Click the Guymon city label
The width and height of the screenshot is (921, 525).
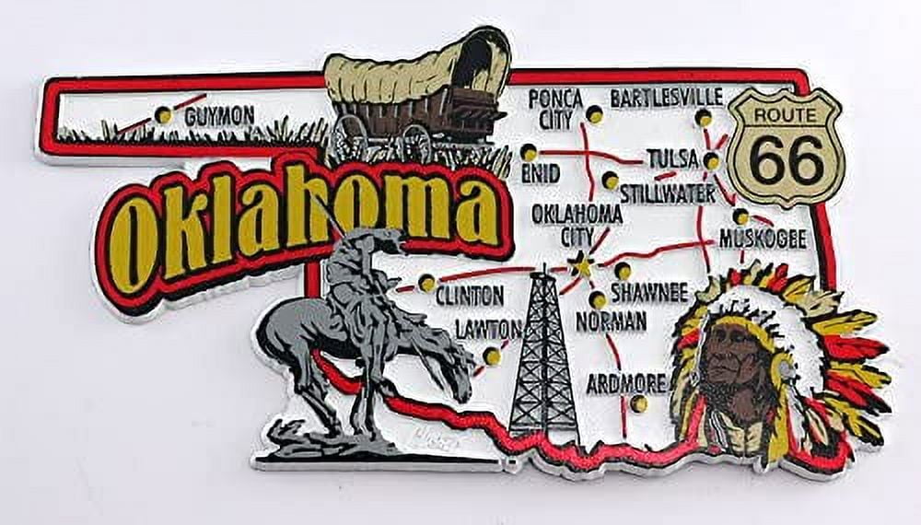[x=218, y=116]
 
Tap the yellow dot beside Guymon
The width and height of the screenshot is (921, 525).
[x=164, y=115]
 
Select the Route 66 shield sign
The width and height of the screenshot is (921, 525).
[x=785, y=146]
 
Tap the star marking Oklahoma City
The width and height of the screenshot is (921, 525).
[x=582, y=265]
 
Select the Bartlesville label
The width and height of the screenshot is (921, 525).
[x=666, y=97]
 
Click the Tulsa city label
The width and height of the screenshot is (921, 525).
[x=671, y=158]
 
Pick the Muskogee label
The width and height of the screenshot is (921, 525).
[x=762, y=239]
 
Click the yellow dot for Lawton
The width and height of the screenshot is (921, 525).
[x=493, y=356]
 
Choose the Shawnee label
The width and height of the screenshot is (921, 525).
[x=649, y=294]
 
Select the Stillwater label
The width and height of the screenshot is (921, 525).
[x=667, y=193]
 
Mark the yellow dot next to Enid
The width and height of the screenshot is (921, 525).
[x=529, y=152]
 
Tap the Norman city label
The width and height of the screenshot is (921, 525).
[x=610, y=321]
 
